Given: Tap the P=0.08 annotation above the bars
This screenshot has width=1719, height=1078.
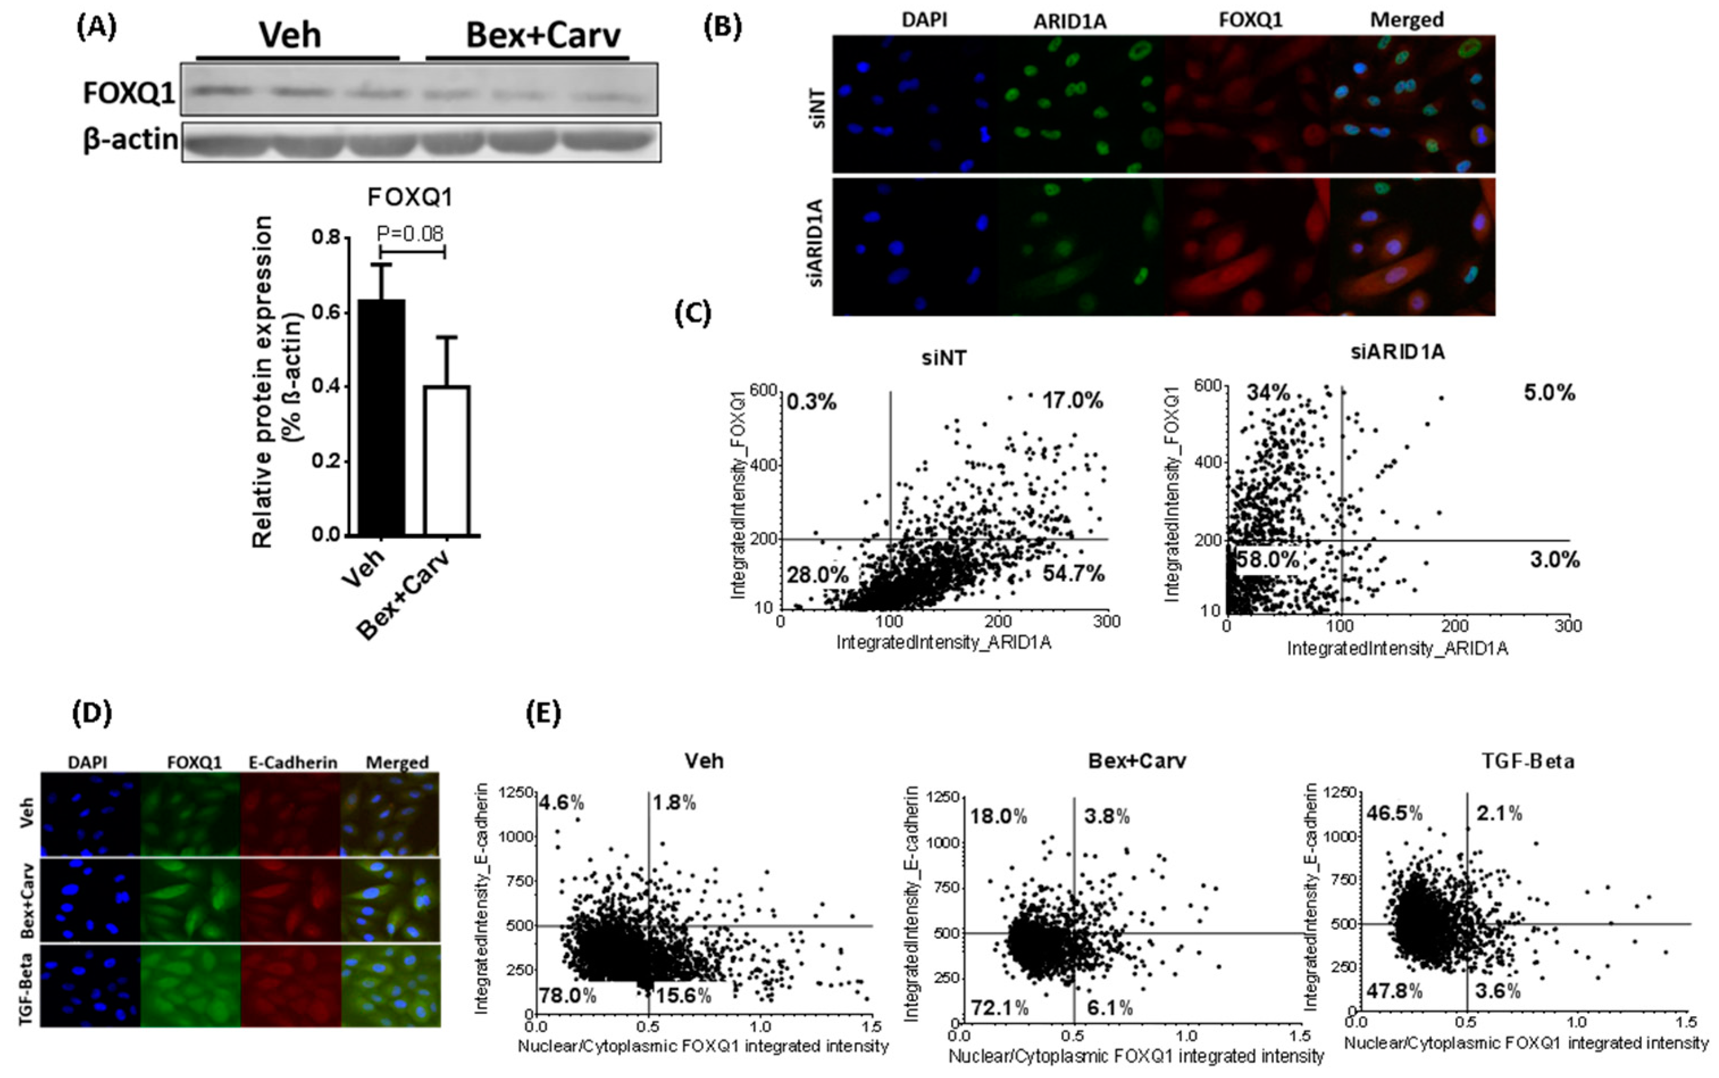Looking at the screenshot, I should coord(410,233).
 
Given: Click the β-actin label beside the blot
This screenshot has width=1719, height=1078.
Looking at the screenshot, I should coord(131,140).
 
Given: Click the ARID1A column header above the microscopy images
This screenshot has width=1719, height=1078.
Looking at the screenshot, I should coord(1070,22).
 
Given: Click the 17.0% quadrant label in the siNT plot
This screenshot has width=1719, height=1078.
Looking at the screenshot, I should coord(1072,401).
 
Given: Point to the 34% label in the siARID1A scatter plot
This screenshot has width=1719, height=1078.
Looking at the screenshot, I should coord(1268,392).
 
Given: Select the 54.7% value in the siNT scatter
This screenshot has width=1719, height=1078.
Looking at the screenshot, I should coord(1073,573).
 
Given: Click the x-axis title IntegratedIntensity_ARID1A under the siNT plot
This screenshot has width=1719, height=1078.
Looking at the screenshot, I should coord(944,643).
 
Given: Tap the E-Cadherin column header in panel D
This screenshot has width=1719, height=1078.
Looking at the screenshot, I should coord(293,762).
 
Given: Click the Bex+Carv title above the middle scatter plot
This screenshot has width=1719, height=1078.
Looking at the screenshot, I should coord(1137,761).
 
